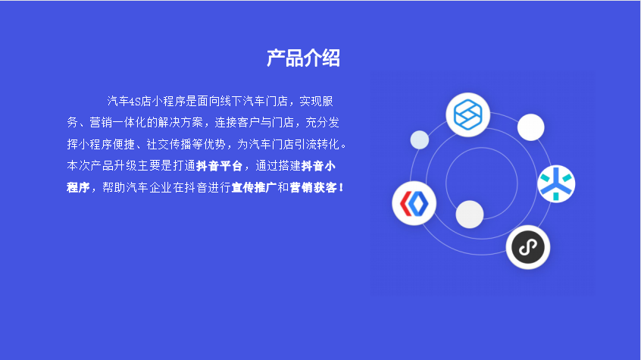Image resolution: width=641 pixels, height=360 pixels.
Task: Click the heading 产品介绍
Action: [303, 58]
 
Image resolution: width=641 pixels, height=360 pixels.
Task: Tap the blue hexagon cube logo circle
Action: [467, 114]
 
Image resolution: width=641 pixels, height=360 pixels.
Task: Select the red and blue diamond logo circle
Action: [414, 203]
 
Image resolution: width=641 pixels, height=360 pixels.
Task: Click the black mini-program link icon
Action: [528, 247]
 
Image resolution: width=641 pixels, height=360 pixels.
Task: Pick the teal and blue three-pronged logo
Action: [556, 183]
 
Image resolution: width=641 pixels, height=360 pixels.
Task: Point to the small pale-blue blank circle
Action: [420, 140]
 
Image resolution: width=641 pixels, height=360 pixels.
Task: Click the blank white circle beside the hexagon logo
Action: [530, 127]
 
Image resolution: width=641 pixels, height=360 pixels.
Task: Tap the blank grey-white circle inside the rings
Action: [470, 214]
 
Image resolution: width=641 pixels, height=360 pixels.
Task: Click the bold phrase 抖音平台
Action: [220, 166]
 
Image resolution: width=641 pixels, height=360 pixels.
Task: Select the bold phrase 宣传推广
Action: [255, 187]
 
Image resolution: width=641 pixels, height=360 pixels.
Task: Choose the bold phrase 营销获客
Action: [313, 187]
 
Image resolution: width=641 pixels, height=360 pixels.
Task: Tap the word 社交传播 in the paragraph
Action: [169, 144]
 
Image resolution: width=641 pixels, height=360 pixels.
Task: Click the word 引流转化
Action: [317, 144]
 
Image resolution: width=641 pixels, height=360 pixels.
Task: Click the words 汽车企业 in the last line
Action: [149, 187]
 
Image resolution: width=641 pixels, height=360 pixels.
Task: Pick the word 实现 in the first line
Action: [311, 101]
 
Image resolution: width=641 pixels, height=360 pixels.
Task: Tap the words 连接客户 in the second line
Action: [237, 122]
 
